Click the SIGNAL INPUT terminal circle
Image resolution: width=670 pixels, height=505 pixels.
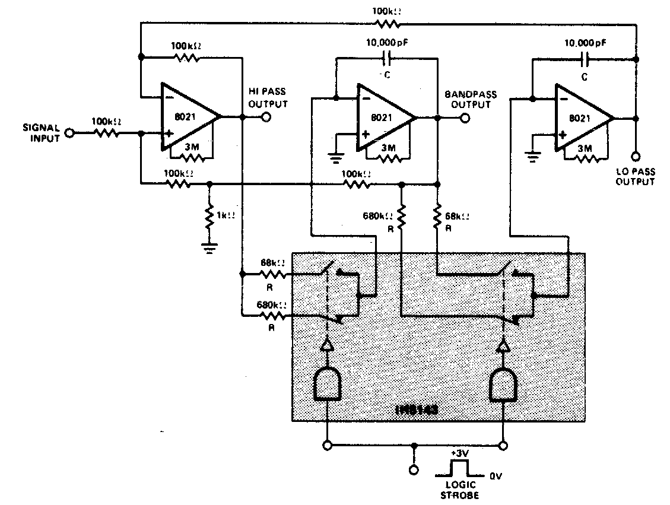(x=70, y=134)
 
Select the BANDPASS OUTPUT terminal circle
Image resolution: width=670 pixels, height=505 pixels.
(x=465, y=117)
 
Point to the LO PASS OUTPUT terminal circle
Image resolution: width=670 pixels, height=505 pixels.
(x=636, y=157)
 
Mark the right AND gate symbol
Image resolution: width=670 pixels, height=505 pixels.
(x=503, y=383)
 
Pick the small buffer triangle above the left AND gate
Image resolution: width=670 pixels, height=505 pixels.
(x=326, y=346)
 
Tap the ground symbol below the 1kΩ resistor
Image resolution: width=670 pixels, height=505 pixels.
(x=209, y=246)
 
